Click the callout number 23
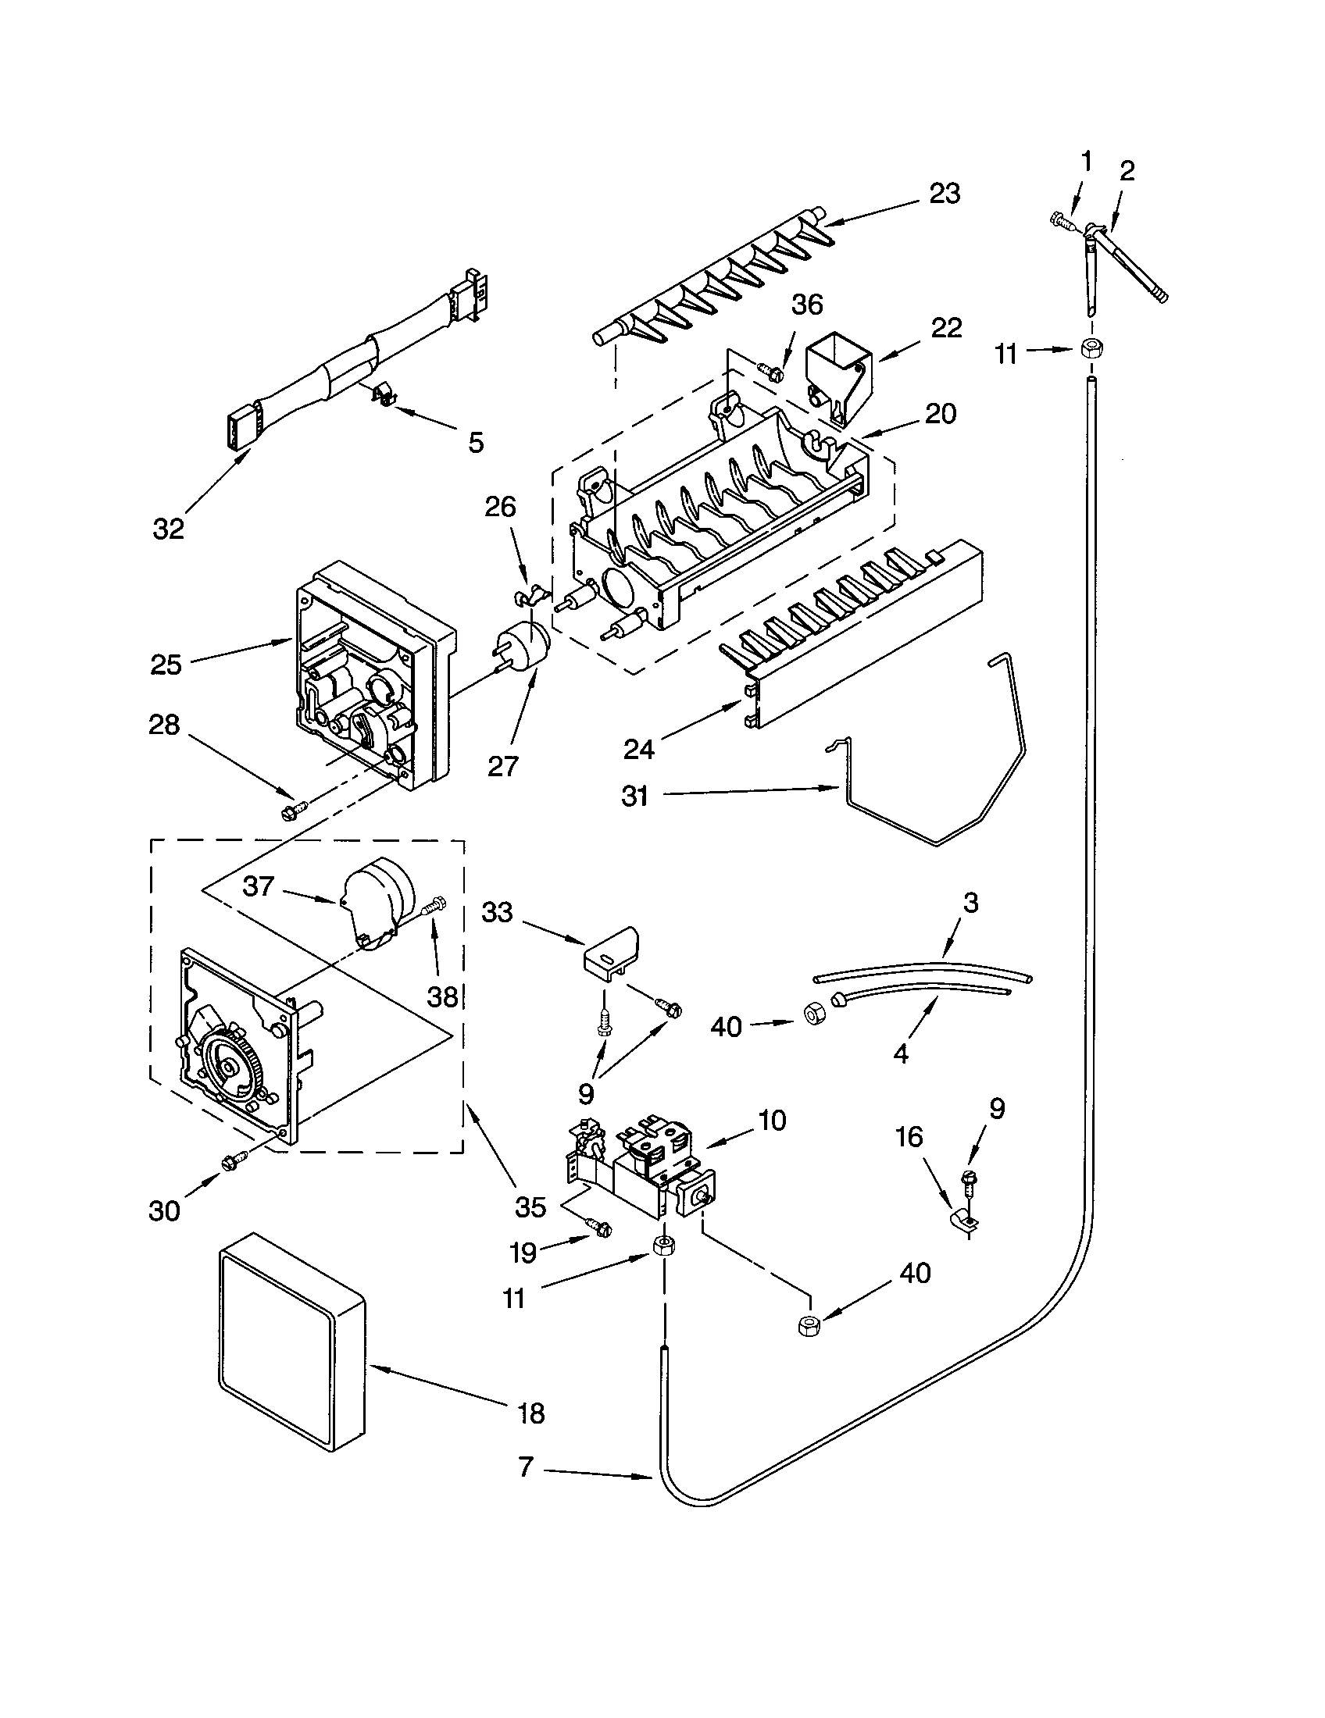point(945,194)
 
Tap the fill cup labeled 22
point(839,376)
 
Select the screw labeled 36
point(770,368)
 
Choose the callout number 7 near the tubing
point(527,1467)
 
